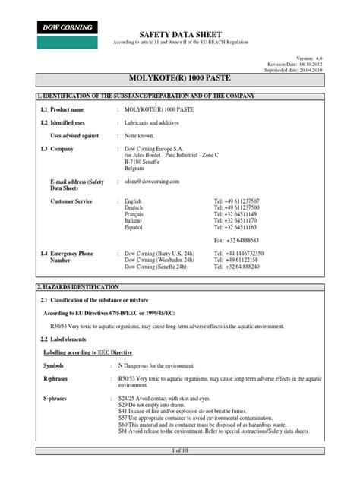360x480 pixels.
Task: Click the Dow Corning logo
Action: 69,27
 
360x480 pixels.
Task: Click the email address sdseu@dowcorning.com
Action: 152,182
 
